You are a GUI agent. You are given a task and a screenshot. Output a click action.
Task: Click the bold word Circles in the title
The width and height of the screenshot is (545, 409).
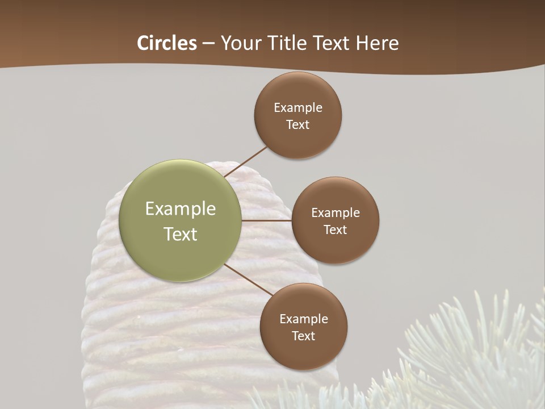point(167,43)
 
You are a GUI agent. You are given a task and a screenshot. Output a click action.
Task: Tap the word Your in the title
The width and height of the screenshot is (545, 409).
point(239,43)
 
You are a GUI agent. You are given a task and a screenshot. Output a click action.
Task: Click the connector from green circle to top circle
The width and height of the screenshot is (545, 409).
point(245,162)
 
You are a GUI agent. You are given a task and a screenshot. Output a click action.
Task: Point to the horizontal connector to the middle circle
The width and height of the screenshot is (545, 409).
point(267,220)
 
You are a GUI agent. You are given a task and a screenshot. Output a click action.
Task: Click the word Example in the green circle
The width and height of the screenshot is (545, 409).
point(181,209)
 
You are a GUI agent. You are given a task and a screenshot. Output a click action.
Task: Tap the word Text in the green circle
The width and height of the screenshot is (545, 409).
point(181,234)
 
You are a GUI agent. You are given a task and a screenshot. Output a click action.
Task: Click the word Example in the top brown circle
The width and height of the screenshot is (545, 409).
point(298,108)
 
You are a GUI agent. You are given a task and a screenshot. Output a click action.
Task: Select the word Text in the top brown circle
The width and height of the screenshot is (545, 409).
point(298,125)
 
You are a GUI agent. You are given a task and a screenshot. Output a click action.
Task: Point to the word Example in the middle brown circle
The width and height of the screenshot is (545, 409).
point(336,213)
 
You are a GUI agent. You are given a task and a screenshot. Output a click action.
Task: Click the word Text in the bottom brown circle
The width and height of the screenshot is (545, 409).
point(304,336)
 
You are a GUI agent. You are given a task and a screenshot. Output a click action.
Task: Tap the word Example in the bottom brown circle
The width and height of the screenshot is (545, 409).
point(304,319)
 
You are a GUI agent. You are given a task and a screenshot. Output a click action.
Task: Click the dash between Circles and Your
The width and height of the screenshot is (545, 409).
point(208,44)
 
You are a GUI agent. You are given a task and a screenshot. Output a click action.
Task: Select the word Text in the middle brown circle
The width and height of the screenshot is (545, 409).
point(336,230)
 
